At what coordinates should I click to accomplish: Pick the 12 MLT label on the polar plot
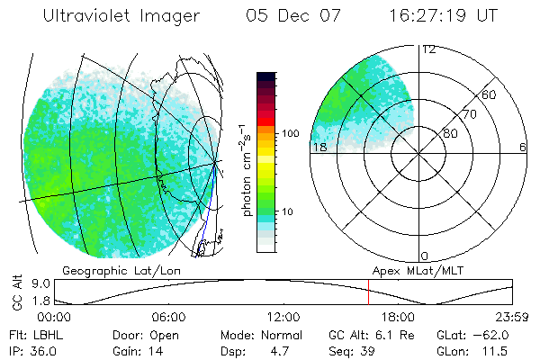tap(428, 50)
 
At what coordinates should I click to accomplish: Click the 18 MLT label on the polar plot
tap(318, 147)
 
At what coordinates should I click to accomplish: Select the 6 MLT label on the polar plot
tap(522, 147)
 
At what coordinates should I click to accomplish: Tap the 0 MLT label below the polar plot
tap(425, 256)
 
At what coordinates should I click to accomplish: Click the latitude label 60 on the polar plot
tap(490, 95)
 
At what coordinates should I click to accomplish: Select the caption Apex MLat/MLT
tap(410, 270)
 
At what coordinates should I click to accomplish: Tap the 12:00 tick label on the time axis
tap(283, 317)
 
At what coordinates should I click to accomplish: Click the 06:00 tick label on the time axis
tap(168, 317)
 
